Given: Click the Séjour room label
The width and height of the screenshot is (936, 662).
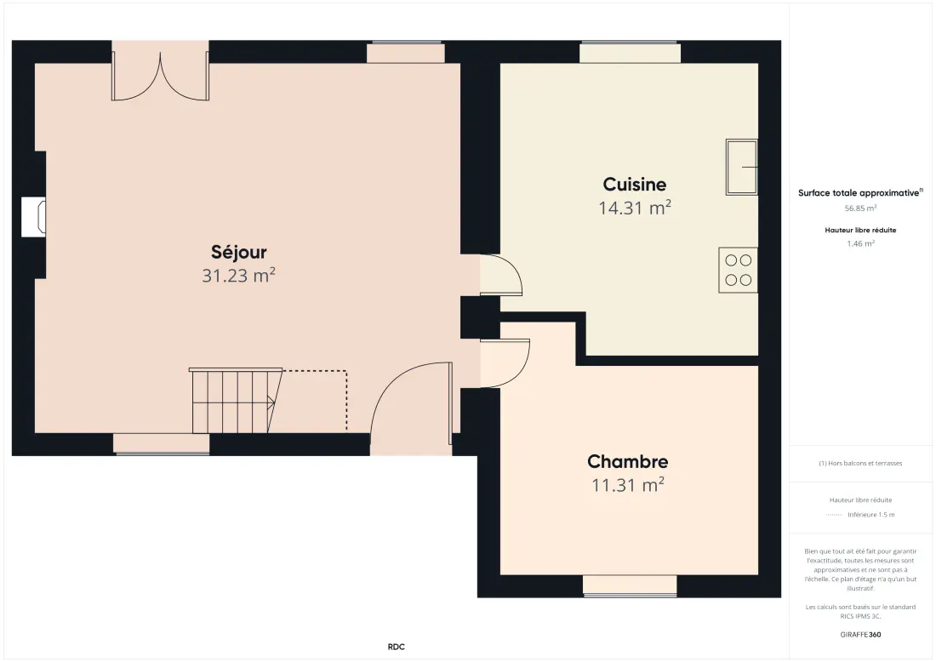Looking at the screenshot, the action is click(x=239, y=253).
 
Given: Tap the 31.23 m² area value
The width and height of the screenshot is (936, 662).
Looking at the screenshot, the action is click(x=238, y=275).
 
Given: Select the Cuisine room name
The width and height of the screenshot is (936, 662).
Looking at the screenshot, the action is click(x=635, y=184).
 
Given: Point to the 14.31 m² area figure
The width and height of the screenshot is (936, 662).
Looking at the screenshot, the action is click(x=635, y=207).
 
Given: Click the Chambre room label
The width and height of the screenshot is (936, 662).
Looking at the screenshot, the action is click(x=627, y=461).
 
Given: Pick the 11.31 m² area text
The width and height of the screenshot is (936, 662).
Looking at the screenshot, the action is click(x=627, y=485).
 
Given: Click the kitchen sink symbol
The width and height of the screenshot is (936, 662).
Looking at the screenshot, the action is click(x=742, y=167).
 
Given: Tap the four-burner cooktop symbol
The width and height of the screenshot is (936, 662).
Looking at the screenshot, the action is click(x=739, y=270).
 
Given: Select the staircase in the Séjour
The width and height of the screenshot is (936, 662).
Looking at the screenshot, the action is click(x=237, y=401).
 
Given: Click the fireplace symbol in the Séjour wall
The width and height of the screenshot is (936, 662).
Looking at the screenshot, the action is click(x=34, y=216).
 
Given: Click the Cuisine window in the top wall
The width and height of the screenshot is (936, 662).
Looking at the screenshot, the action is click(x=630, y=52).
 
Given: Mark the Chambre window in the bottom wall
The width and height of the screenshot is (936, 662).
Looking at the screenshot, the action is click(x=630, y=585).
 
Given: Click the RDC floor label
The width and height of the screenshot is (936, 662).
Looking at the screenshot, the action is click(x=396, y=647).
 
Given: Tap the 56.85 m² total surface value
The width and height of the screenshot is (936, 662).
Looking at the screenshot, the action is click(x=860, y=208).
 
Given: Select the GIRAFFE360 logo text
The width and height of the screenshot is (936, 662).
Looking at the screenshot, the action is click(x=860, y=635).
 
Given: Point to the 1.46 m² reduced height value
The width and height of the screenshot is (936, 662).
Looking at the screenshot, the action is click(x=860, y=243).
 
